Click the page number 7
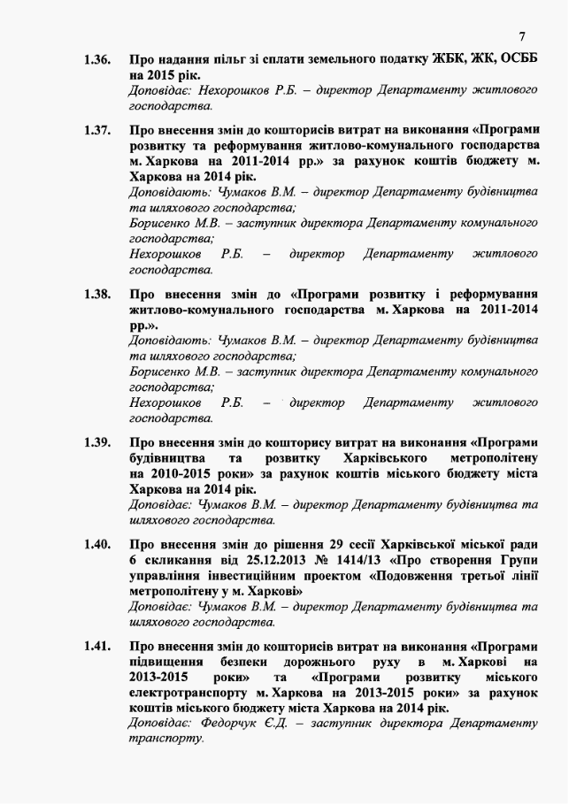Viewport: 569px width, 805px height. click(x=522, y=36)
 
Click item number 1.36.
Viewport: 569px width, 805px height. click(x=97, y=60)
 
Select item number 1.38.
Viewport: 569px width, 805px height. click(x=97, y=294)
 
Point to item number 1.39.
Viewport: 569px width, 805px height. click(x=97, y=442)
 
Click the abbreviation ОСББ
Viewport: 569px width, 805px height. click(x=513, y=60)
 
